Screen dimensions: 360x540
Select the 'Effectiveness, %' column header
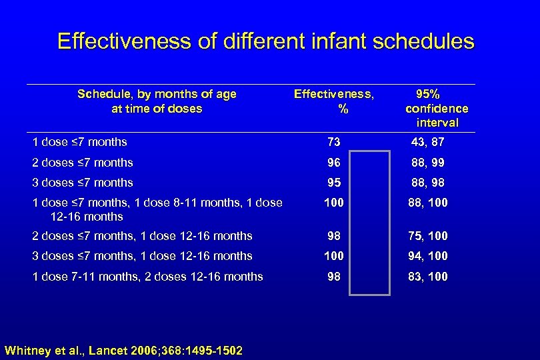pos(334,101)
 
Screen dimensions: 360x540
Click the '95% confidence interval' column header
pos(437,108)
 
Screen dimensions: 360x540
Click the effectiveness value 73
pos(333,142)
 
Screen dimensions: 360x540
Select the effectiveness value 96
pos(333,163)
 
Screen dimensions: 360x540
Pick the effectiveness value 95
pos(333,183)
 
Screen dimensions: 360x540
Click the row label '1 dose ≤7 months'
pos(80,142)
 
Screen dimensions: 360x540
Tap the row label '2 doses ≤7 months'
pos(83,163)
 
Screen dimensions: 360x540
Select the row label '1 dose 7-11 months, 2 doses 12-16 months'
pos(147,277)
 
